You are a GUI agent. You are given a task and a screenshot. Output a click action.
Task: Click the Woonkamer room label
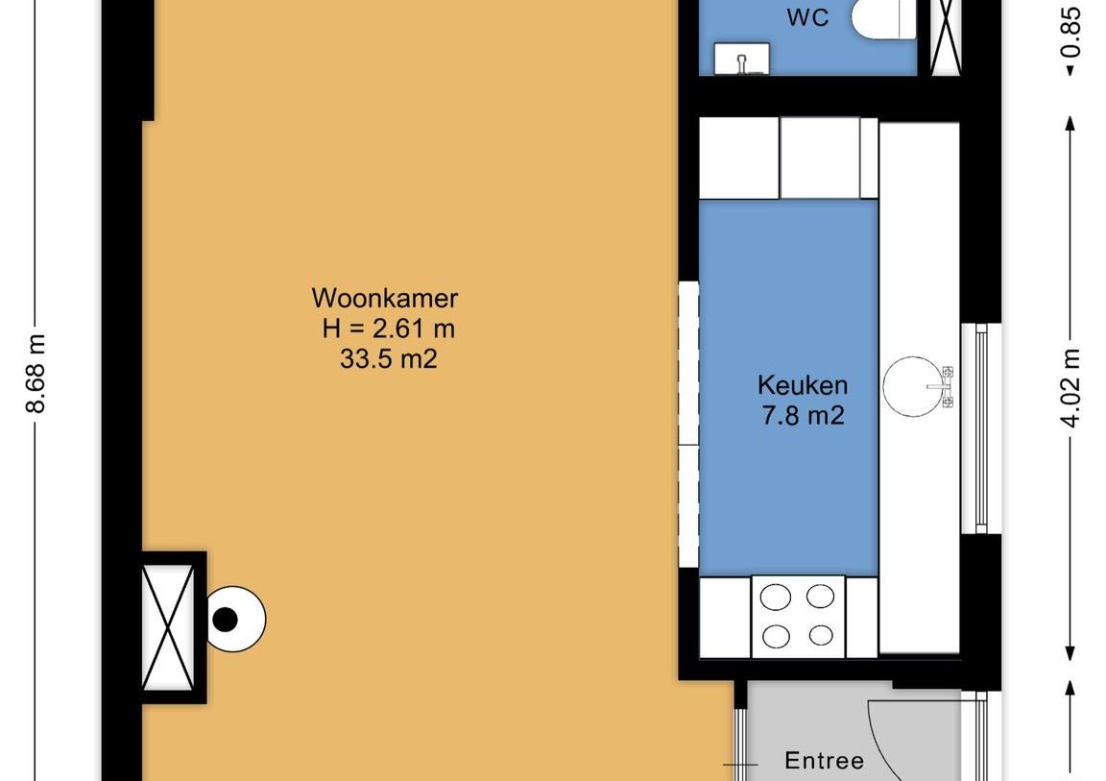point(385,297)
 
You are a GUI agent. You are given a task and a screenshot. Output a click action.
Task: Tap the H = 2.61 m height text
point(388,329)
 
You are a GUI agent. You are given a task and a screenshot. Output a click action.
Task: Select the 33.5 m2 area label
point(388,360)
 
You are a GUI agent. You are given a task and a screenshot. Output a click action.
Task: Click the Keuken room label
point(803,385)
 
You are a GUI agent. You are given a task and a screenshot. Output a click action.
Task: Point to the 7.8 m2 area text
point(803,416)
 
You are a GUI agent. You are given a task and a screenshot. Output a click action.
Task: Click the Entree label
point(824,761)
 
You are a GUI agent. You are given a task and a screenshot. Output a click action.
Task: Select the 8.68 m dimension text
point(36,374)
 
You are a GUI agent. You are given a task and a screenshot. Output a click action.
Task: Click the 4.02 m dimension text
point(1072,387)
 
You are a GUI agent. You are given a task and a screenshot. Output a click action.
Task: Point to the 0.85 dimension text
point(1072,35)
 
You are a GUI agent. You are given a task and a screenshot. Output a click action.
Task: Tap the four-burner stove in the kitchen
point(797,616)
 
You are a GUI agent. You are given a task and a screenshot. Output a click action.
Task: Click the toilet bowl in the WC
point(881,19)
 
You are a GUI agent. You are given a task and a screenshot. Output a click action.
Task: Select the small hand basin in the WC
point(741,59)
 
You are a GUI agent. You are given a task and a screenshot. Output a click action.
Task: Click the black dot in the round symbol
point(225,620)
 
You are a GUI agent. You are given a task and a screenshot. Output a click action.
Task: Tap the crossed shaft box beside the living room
point(169,627)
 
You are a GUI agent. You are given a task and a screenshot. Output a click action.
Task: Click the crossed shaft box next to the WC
point(945,34)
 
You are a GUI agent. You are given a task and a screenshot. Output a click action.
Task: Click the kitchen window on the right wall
point(980,427)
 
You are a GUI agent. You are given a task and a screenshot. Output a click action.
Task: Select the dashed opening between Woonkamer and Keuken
point(688,424)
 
